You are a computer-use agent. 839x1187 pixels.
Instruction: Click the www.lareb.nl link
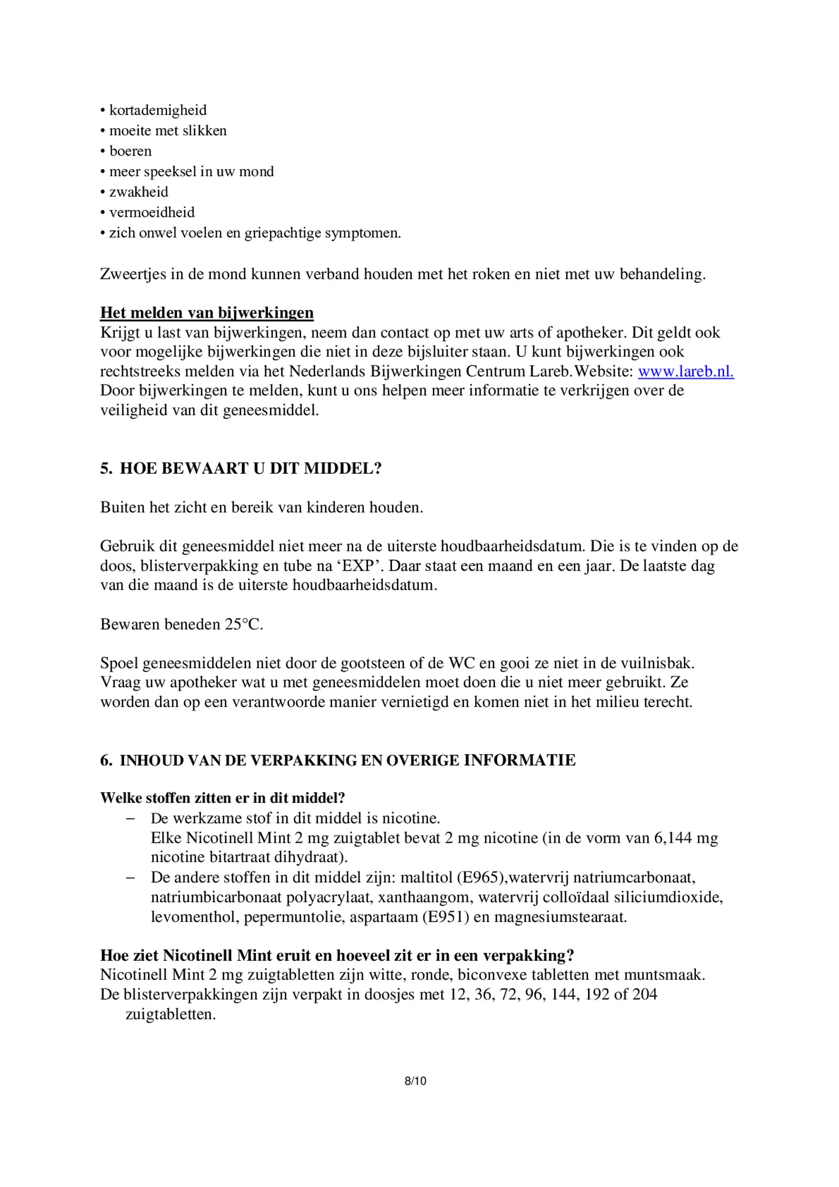point(686,371)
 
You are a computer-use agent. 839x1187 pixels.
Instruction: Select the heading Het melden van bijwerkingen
point(207,313)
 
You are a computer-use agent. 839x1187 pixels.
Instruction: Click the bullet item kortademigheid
point(158,110)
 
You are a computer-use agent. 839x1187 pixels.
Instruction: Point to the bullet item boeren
point(130,151)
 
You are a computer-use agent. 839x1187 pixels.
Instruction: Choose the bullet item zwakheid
point(139,192)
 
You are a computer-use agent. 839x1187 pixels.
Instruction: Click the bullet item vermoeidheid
point(152,212)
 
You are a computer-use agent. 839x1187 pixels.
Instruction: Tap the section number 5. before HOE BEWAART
point(106,468)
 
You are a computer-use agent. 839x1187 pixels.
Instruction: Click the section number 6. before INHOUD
point(106,760)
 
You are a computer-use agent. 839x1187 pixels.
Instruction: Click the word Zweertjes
point(133,274)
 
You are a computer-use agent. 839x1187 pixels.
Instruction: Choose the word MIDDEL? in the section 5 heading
point(343,468)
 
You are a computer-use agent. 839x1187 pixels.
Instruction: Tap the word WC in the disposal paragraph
point(461,663)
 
